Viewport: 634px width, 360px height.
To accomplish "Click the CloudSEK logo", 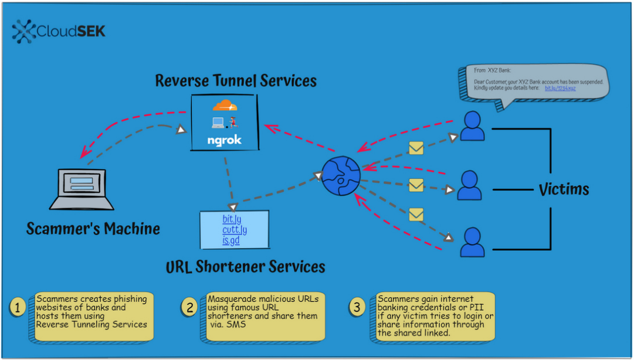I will tap(59, 30).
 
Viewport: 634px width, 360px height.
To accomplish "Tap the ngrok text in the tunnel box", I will tap(225, 140).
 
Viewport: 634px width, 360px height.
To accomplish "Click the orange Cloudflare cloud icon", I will tap(225, 106).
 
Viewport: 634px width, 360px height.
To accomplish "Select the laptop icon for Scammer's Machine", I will tap(82, 189).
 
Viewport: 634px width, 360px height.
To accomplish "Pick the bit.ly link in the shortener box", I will tap(232, 219).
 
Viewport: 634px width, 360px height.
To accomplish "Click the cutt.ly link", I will tap(235, 230).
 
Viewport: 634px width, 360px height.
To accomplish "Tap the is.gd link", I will tap(230, 240).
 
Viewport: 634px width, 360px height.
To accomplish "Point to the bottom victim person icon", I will tap(473, 243).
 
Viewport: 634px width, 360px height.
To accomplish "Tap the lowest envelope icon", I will tap(416, 215).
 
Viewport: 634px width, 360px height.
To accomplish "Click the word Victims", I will tap(564, 189).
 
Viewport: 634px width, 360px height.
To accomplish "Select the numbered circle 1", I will tap(18, 307).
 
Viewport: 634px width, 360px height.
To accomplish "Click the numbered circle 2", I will tap(189, 307).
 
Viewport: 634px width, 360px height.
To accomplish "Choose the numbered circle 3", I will tap(357, 307).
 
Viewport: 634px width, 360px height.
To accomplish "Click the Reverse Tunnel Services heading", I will tap(236, 81).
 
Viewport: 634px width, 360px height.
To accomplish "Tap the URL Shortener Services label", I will tap(245, 267).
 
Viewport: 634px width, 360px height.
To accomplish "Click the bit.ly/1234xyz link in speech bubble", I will tap(560, 88).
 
